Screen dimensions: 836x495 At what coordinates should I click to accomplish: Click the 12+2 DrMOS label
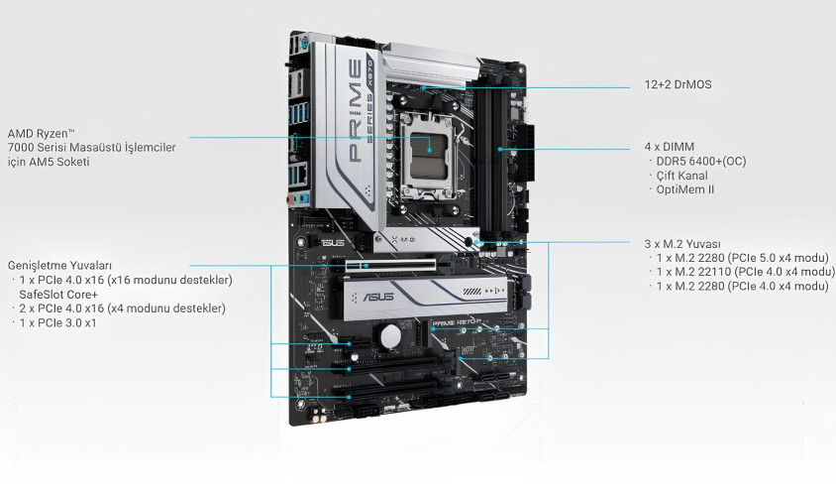678,84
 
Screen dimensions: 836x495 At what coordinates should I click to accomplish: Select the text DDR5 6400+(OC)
701,162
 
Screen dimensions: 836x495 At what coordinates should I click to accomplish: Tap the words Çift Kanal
681,176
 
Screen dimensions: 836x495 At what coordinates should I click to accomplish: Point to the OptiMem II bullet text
685,189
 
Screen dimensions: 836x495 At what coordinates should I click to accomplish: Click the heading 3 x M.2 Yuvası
682,244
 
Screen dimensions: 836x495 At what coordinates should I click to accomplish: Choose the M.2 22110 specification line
745,272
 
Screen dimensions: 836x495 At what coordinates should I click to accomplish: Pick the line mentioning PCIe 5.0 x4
743,258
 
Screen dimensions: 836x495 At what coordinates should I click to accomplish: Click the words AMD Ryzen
38,134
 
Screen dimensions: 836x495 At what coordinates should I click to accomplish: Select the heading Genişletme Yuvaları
59,266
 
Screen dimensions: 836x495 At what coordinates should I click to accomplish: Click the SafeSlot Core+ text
58,295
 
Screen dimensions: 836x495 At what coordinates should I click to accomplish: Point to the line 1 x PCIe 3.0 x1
57,323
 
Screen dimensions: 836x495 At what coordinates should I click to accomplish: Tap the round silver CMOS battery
390,336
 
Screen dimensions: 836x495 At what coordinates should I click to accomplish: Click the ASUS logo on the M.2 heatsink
378,297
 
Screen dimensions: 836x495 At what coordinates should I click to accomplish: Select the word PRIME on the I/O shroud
355,110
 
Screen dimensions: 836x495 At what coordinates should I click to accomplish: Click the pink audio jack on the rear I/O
290,200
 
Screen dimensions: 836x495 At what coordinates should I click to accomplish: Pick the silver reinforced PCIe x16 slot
390,265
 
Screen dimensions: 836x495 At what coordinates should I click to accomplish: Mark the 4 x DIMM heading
670,147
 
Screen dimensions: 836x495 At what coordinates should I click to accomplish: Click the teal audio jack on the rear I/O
302,199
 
